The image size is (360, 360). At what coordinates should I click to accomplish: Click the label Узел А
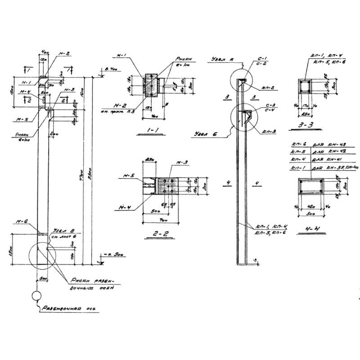(x=221, y=60)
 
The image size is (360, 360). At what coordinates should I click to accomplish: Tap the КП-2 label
(x=266, y=87)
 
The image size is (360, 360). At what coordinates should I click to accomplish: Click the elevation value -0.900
(x=107, y=255)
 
